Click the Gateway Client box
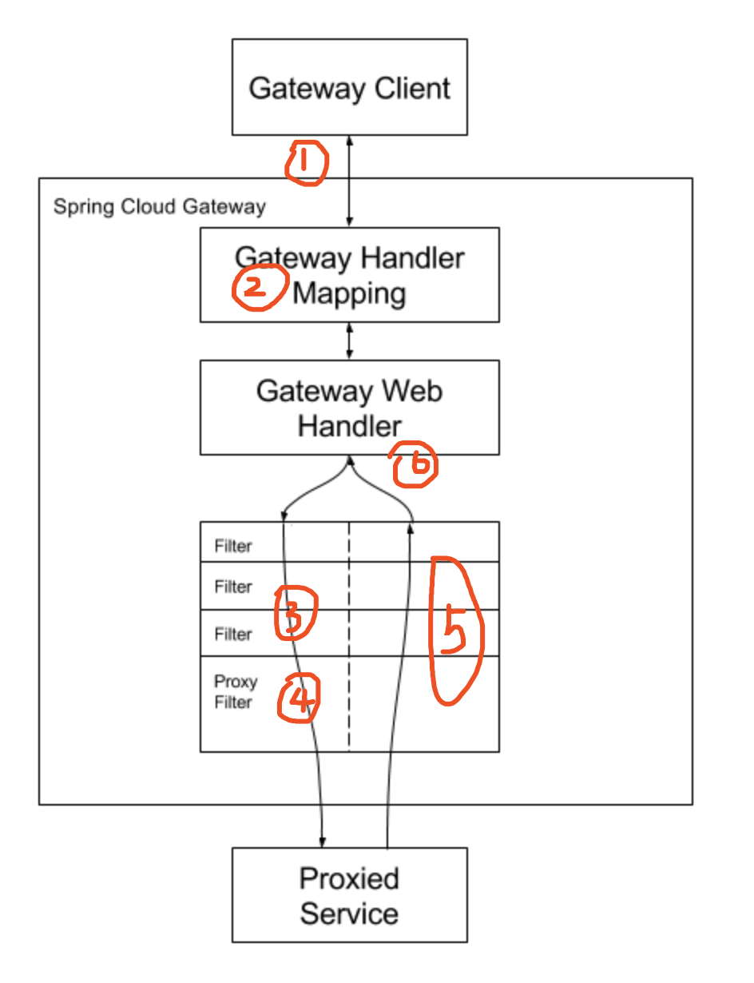(x=349, y=86)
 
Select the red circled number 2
(x=258, y=288)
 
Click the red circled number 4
(x=297, y=698)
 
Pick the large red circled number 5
(x=455, y=631)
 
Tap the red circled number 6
(x=415, y=465)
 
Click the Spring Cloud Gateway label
(x=159, y=207)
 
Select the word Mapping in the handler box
(x=349, y=293)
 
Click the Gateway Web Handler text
(x=349, y=408)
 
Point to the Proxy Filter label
(x=235, y=692)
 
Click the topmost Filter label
(x=232, y=547)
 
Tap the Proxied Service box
(x=349, y=895)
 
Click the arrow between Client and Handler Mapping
(x=349, y=181)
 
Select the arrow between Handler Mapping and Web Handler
(x=349, y=341)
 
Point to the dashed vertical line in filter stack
(x=349, y=639)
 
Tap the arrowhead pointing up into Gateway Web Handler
(x=349, y=461)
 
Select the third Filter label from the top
(x=232, y=635)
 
